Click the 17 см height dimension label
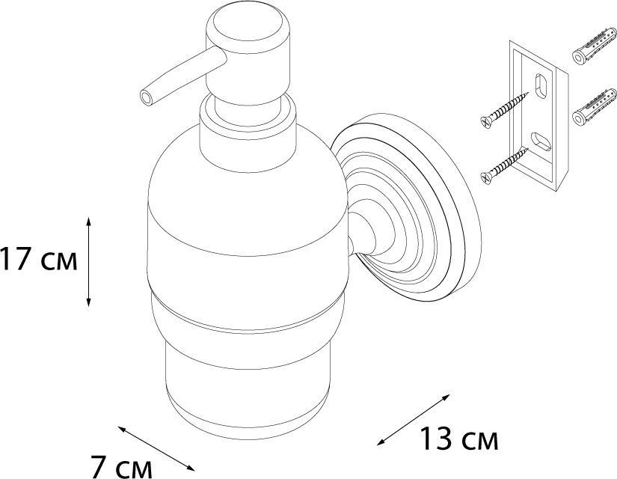(39, 259)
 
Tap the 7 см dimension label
(121, 467)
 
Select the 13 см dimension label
(459, 439)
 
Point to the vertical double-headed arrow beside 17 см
(88, 261)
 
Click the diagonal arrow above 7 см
(156, 448)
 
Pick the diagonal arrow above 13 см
(413, 420)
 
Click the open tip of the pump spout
(147, 97)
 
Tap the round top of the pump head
(248, 25)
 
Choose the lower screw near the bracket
(504, 165)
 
